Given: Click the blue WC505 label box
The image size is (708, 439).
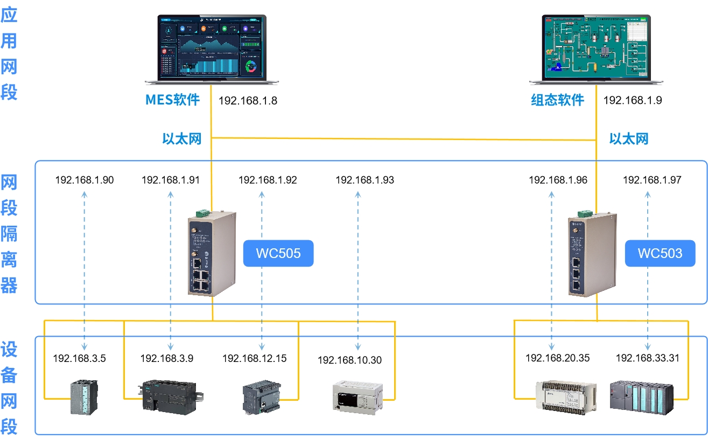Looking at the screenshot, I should [x=278, y=253].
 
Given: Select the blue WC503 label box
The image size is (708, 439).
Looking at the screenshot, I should [x=660, y=253].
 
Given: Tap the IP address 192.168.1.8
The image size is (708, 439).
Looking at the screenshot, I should [x=248, y=100].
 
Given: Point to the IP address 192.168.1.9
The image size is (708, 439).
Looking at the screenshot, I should [x=633, y=100].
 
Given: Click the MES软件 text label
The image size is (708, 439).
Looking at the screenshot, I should [x=172, y=100].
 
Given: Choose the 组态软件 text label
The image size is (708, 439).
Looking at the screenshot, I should [x=557, y=100].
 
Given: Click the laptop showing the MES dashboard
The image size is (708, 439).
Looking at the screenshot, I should [x=212, y=50].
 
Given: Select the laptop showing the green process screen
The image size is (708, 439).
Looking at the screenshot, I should [x=596, y=50].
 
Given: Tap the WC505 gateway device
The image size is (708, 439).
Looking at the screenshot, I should [x=212, y=253].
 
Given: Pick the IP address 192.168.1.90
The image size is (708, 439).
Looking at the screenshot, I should [x=85, y=180].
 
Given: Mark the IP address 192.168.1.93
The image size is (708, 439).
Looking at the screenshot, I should [x=364, y=180].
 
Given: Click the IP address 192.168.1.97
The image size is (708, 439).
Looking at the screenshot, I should [x=652, y=180].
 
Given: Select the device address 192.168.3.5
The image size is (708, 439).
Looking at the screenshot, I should [x=79, y=358].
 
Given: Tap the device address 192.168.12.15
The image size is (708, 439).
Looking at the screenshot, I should [x=255, y=358].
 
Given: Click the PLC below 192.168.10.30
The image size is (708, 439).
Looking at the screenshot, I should [x=357, y=397].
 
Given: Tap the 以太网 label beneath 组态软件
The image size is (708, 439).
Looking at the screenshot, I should [x=628, y=139].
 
